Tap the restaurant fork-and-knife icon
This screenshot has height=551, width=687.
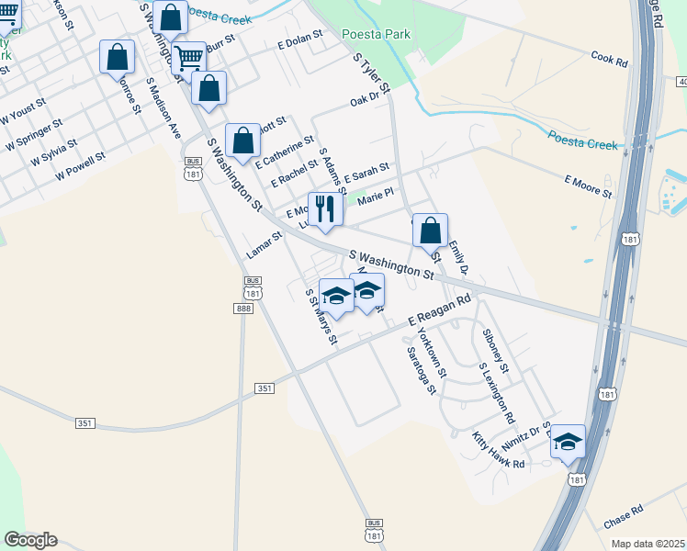click(324, 209)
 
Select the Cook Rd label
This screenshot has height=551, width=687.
click(609, 61)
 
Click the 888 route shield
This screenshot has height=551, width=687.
click(243, 309)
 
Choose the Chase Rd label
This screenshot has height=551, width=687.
click(625, 517)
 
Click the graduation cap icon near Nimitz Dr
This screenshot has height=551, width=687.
click(568, 442)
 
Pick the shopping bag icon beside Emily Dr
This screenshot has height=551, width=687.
click(430, 231)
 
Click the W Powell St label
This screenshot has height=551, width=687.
click(80, 165)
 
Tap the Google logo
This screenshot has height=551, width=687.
click(30, 540)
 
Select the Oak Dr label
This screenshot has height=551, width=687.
click(365, 101)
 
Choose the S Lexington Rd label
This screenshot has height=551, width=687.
click(497, 392)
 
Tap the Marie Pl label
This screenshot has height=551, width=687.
click(375, 196)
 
